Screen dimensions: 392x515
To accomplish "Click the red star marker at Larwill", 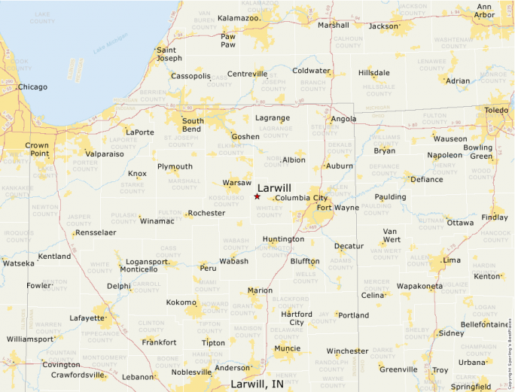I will (257, 196).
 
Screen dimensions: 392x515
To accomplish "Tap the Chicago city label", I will (32, 87).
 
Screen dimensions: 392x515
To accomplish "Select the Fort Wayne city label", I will (337, 207).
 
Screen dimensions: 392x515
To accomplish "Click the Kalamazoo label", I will (239, 17).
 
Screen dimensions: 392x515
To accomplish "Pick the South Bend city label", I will (193, 125).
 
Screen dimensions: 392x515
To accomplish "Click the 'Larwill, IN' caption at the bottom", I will (257, 384).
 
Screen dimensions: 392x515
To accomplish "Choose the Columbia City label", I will (301, 198).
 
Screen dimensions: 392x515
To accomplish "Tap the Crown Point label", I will (37, 150).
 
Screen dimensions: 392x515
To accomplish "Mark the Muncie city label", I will (287, 348).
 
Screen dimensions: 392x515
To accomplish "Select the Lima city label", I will (452, 260).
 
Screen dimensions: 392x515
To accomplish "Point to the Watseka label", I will (19, 263).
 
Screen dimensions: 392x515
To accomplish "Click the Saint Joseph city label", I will (169, 54).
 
